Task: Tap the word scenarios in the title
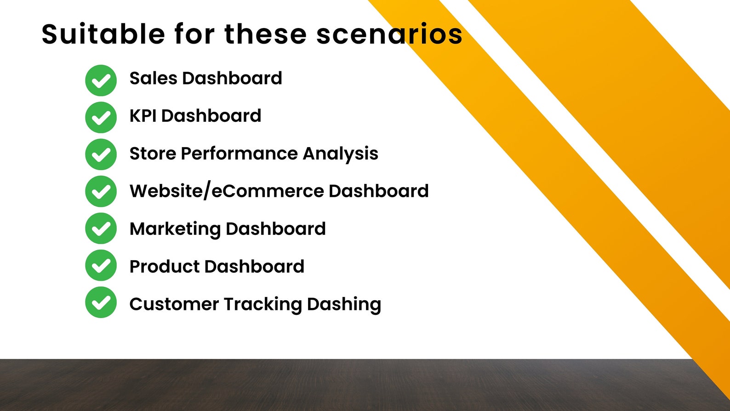click(389, 34)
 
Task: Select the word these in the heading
click(266, 34)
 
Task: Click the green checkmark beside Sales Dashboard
click(101, 80)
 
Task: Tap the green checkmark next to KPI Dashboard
click(101, 117)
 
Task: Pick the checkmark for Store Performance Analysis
click(101, 154)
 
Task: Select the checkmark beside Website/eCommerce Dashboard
click(101, 191)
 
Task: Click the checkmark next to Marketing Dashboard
click(101, 228)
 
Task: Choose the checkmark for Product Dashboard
click(101, 265)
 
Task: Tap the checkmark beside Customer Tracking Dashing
click(101, 303)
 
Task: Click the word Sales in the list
click(153, 78)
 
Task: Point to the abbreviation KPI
click(143, 116)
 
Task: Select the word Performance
click(239, 154)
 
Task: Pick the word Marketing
click(175, 229)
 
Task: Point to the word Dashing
click(344, 304)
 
